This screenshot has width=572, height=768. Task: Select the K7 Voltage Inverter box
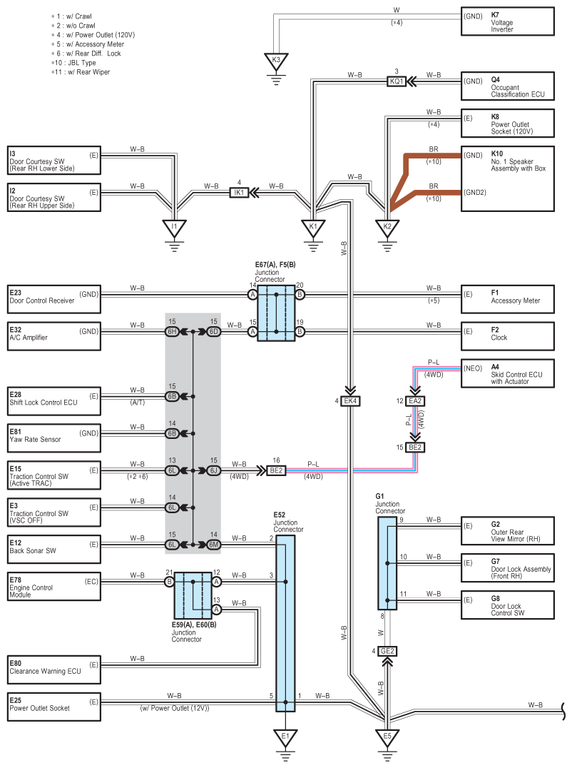pos(507,21)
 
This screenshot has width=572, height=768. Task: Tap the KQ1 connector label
pos(397,81)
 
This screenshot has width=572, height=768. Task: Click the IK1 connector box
pos(239,193)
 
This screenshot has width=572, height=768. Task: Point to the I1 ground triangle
pos(174,228)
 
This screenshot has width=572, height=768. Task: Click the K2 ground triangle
pos(387,228)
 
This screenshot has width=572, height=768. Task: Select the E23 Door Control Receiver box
pos(53,299)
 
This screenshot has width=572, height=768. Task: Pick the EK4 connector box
pos(350,401)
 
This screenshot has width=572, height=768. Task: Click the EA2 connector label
pos(415,401)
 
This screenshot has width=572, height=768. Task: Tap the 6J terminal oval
pos(213,470)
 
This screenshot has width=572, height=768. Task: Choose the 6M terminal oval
pos(213,545)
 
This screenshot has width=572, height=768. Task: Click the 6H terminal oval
pos(172,332)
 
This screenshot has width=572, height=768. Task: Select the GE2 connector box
pos(387,652)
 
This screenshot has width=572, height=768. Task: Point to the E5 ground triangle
pos(387,737)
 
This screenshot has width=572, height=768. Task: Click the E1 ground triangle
pos(285,737)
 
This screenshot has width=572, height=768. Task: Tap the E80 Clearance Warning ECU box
pos(53,670)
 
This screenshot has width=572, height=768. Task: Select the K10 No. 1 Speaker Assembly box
pos(507,178)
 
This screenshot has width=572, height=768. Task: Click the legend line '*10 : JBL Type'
pos(73,63)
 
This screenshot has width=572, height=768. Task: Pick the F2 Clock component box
pos(507,336)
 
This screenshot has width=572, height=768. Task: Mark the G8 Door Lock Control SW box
pos(507,605)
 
